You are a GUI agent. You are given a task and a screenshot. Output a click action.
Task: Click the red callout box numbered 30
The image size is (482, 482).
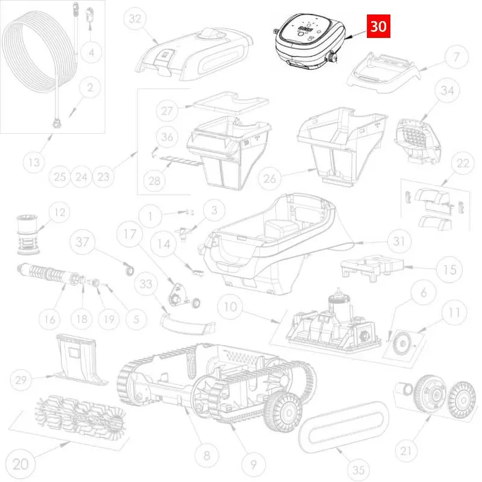(x=378, y=26)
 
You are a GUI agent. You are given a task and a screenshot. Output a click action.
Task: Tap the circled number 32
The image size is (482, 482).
(x=135, y=19)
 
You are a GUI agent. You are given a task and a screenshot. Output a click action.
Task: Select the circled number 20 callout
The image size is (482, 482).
(x=20, y=463)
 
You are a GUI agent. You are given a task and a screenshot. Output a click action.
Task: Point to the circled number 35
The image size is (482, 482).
(x=358, y=470)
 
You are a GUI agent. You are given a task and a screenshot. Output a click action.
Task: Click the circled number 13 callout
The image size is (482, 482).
(x=34, y=162)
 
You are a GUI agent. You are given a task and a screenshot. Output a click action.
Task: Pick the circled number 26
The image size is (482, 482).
(x=269, y=178)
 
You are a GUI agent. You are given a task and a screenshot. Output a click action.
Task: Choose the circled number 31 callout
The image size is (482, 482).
(x=399, y=241)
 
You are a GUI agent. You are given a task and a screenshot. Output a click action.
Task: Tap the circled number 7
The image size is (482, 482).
(x=457, y=57)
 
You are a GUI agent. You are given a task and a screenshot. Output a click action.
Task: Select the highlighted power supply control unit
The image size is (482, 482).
(x=309, y=42)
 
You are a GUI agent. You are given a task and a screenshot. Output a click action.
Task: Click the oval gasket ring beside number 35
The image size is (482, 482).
(x=343, y=427)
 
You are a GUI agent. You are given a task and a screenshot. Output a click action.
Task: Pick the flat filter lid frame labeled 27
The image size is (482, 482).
(x=231, y=102)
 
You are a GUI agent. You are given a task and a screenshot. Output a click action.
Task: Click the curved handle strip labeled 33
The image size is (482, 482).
(x=187, y=323)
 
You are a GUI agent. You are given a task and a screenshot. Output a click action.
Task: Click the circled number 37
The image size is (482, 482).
(x=82, y=242)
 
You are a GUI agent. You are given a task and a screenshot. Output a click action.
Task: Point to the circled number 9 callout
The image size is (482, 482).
(x=253, y=464)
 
